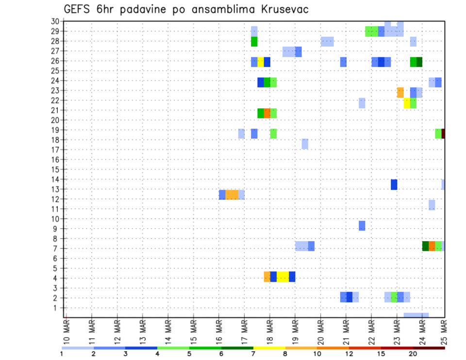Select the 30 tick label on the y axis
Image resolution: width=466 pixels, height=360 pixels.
tap(55, 21)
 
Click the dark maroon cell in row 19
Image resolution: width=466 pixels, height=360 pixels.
tap(443, 133)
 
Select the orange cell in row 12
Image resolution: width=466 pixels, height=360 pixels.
tap(232, 195)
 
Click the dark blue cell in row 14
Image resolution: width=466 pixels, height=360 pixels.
tap(394, 184)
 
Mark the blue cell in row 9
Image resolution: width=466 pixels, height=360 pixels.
tap(362, 226)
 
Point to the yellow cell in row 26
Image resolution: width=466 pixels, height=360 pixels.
tap(261, 62)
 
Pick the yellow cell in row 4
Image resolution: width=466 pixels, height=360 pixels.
tap(283, 277)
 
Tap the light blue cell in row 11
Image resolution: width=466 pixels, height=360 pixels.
tap(432, 205)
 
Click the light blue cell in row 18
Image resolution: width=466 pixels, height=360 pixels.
tap(305, 144)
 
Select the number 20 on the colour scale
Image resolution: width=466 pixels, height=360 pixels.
tap(413, 354)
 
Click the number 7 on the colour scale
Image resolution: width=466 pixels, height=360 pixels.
tap(253, 354)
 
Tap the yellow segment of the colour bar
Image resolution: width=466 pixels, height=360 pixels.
tap(269, 348)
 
